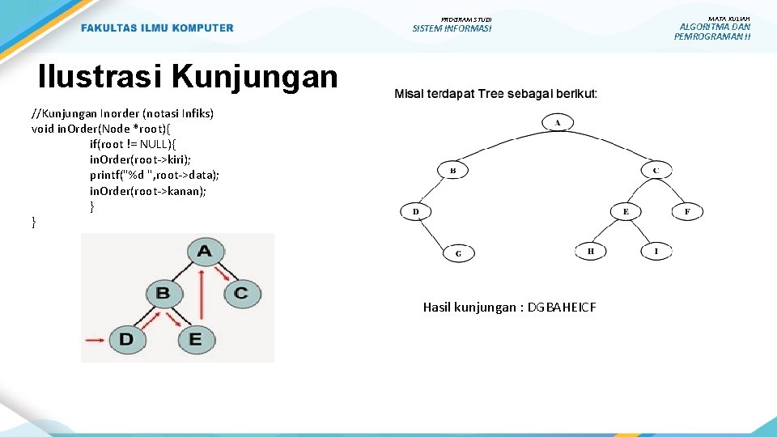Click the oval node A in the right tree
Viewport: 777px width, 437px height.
coord(558,122)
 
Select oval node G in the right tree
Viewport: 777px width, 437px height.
coord(459,252)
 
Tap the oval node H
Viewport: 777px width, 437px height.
coord(590,252)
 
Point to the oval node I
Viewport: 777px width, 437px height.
coord(656,252)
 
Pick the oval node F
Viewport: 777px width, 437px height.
coord(687,211)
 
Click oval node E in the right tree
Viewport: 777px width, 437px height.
coord(625,211)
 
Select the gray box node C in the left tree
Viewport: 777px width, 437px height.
coord(240,292)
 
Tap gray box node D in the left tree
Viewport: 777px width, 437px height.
coord(126,339)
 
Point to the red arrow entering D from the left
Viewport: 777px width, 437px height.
coord(96,339)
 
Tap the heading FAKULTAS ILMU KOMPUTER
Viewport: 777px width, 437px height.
coord(157,28)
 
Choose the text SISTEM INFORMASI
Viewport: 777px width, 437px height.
coord(452,29)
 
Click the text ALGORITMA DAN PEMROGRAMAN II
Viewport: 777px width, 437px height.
coord(712,32)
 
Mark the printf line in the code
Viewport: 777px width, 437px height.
coord(155,175)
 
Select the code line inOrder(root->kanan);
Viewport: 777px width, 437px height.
coord(148,191)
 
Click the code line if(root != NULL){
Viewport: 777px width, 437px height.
coord(138,143)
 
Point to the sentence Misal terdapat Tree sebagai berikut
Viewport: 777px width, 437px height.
coord(495,94)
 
